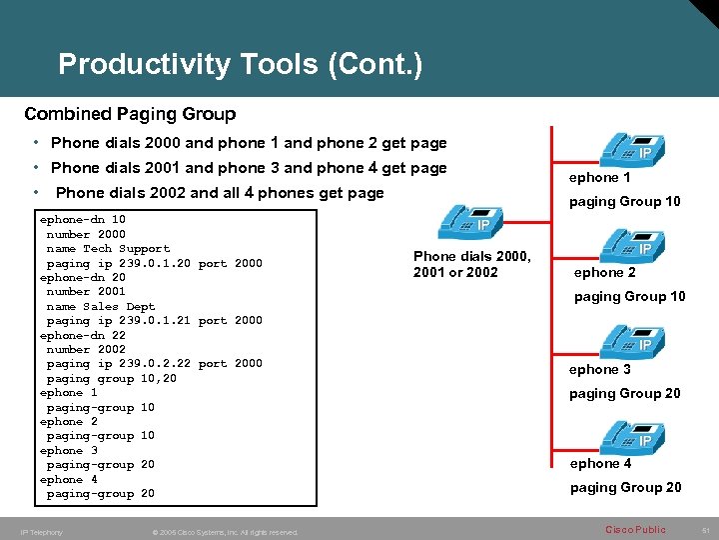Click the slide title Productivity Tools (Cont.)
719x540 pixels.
pyautogui.click(x=241, y=65)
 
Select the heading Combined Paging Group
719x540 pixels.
pyautogui.click(x=130, y=114)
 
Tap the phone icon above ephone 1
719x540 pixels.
pyautogui.click(x=626, y=147)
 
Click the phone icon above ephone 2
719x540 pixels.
pyautogui.click(x=626, y=242)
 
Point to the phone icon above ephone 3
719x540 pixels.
pyautogui.click(x=626, y=340)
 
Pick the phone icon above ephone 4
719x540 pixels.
pyautogui.click(x=626, y=435)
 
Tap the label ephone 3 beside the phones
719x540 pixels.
pyautogui.click(x=600, y=370)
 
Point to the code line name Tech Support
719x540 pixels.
pyautogui.click(x=108, y=249)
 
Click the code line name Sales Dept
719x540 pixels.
pyautogui.click(x=101, y=307)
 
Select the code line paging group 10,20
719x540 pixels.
pyautogui.click(x=111, y=379)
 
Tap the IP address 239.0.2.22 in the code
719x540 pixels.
pyautogui.click(x=155, y=364)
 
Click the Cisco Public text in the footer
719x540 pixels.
pyautogui.click(x=634, y=530)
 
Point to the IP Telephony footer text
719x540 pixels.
pyautogui.click(x=41, y=532)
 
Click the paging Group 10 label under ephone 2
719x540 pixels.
pyautogui.click(x=629, y=297)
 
